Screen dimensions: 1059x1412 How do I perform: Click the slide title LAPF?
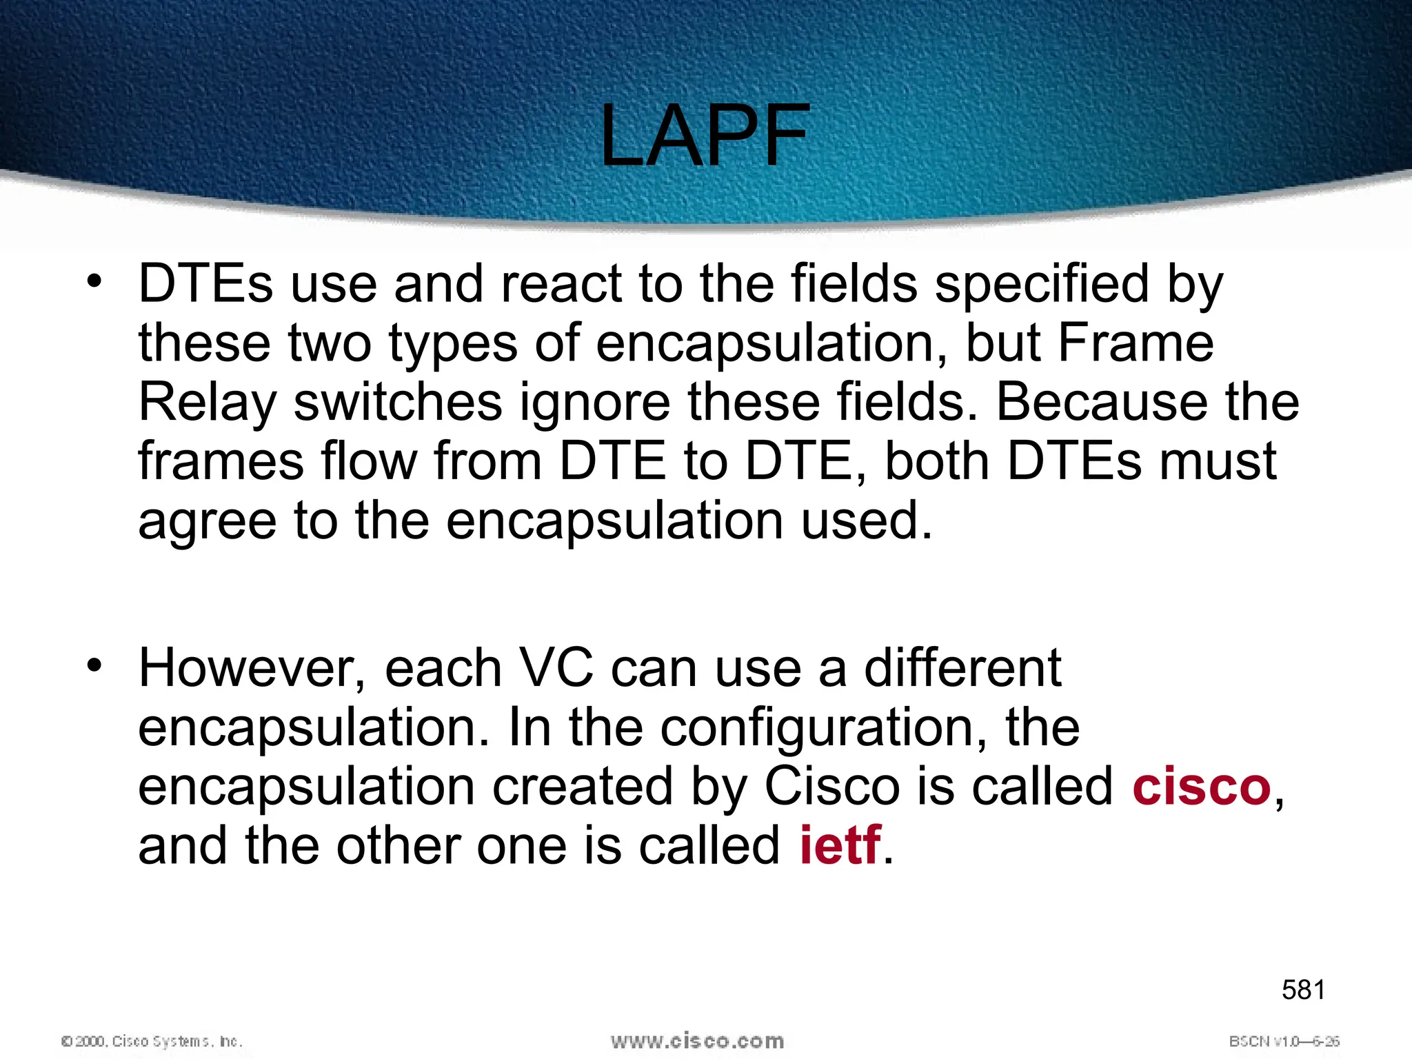[704, 135]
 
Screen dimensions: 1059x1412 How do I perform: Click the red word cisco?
[1201, 787]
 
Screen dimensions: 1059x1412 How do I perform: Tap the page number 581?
[1303, 990]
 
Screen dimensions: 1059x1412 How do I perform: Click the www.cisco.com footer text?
[697, 1041]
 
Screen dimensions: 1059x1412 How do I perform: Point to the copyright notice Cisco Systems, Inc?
[152, 1041]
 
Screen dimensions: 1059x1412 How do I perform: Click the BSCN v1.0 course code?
[1284, 1041]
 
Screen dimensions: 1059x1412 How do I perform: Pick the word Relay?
[207, 403]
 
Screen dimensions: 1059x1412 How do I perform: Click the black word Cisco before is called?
[832, 787]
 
